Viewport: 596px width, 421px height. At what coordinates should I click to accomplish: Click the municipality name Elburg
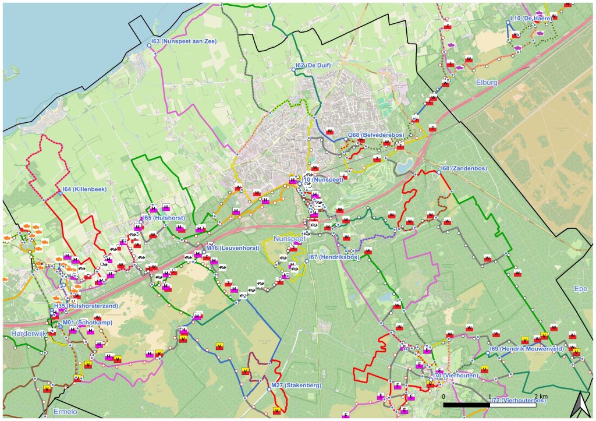486,83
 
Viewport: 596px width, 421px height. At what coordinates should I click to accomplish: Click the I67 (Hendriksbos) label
334,257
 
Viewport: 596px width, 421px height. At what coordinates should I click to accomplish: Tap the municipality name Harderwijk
27,334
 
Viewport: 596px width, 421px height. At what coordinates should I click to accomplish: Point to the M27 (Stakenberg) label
296,385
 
